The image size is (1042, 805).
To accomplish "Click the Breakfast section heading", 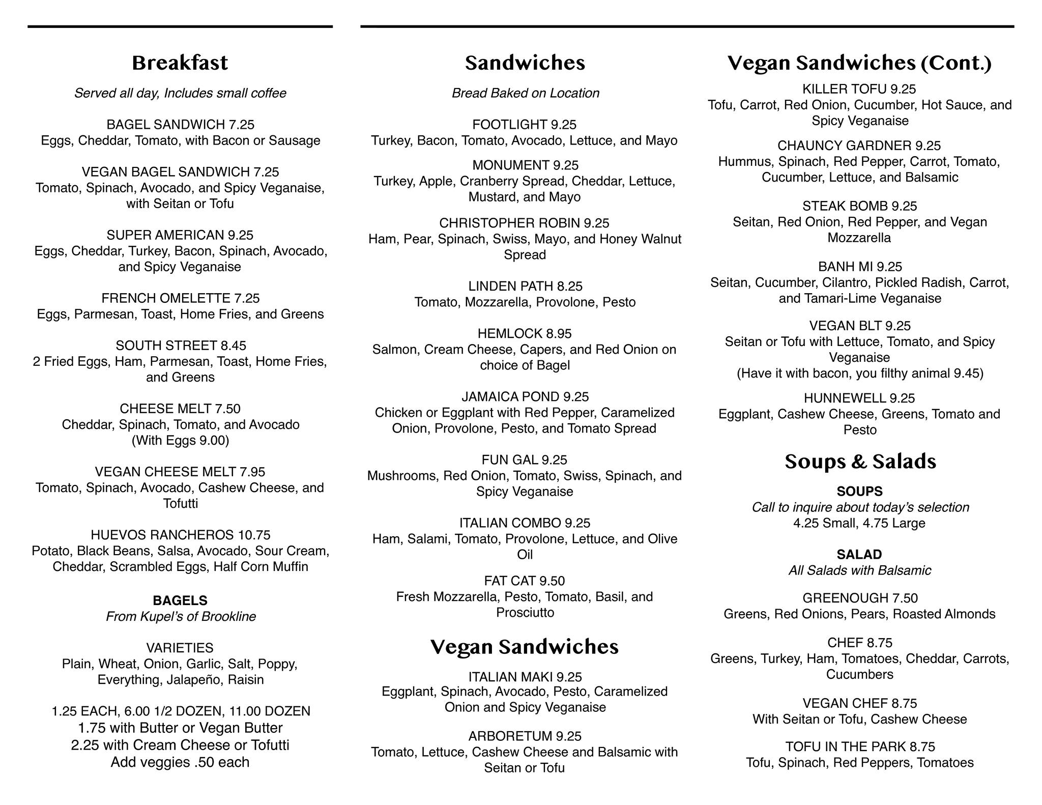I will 180,63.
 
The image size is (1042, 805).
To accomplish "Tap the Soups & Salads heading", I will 860,462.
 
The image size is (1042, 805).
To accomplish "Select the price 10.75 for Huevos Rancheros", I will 253,535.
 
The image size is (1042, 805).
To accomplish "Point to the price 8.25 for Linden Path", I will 569,286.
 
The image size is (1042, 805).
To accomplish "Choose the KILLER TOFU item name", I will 844,89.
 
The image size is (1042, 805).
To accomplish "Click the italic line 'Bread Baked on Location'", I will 525,93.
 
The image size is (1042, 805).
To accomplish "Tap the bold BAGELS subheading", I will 180,600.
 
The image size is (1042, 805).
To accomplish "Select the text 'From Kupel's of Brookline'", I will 181,617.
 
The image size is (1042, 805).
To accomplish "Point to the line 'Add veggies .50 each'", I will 180,762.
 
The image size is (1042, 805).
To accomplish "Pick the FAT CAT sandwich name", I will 510,581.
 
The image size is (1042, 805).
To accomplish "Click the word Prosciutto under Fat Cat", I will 525,613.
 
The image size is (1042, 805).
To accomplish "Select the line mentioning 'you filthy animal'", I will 860,373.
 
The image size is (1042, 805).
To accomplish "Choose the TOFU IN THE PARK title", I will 845,746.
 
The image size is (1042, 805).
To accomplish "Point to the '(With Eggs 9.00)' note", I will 180,440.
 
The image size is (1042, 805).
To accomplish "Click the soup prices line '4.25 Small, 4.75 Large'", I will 859,523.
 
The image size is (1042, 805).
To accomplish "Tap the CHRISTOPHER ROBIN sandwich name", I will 509,223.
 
